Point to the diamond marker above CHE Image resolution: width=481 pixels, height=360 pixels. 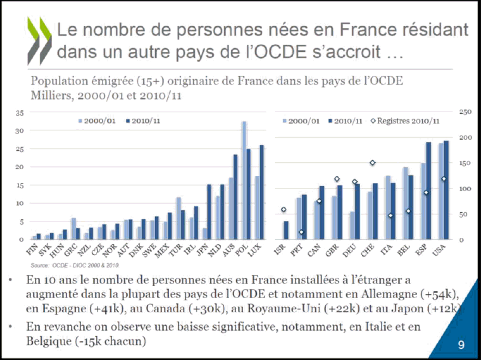pos(373,163)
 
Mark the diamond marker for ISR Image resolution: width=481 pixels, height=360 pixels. pos(283,209)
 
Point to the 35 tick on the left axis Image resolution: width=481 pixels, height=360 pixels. pos(20,112)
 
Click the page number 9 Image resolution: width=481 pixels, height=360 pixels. pos(461,345)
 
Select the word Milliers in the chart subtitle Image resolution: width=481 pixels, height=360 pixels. pos(49,95)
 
